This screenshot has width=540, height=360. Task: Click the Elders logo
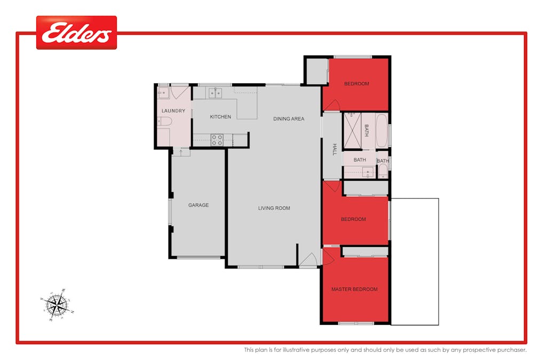click(76, 33)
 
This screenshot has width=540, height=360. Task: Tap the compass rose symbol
click(57, 305)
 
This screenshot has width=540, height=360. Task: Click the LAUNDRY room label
click(173, 111)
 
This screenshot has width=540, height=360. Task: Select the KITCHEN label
click(220, 117)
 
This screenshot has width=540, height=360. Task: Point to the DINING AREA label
click(289, 119)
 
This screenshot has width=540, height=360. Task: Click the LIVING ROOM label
click(274, 208)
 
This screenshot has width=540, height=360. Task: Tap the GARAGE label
click(198, 205)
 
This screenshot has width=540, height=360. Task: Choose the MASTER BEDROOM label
click(354, 289)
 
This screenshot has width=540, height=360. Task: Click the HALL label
click(335, 149)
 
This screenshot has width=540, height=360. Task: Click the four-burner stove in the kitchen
click(217, 140)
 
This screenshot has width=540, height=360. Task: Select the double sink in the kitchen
click(215, 93)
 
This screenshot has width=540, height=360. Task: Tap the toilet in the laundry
click(165, 121)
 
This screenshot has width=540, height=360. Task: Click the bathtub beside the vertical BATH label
click(382, 131)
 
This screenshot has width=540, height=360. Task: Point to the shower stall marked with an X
click(352, 131)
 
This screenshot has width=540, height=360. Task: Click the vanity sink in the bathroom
click(368, 172)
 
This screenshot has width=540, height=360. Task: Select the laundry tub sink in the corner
click(163, 93)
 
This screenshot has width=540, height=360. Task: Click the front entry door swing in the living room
click(308, 259)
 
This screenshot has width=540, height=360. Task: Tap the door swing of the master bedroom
click(328, 257)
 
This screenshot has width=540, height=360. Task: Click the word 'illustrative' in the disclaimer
click(296, 350)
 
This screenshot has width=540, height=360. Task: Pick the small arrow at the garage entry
click(181, 151)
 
